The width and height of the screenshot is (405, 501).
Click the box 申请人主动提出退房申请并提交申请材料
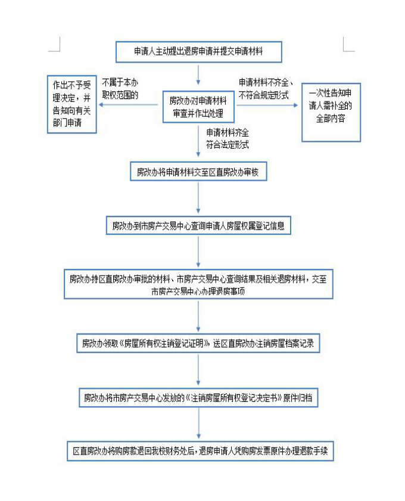tap(198, 52)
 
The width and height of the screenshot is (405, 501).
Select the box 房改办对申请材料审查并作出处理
tap(198, 106)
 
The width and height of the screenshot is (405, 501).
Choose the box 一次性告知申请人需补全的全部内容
tap(331, 112)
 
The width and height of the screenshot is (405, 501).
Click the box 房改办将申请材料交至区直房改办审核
tap(198, 172)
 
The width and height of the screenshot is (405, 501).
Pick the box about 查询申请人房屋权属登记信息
tap(198, 225)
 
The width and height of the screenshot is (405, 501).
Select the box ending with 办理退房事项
tap(198, 284)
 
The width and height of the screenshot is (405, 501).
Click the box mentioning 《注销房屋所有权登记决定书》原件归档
tap(198, 398)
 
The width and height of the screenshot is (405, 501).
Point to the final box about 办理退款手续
tap(198, 451)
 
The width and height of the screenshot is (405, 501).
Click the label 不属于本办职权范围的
tap(121, 88)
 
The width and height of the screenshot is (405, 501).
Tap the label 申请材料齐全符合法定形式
tap(228, 138)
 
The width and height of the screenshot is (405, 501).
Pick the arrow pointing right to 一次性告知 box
tap(266, 106)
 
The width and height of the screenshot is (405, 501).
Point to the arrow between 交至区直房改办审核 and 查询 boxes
tap(198, 199)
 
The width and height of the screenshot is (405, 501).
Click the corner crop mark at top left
tap(55, 44)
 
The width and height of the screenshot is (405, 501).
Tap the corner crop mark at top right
tap(348, 44)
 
